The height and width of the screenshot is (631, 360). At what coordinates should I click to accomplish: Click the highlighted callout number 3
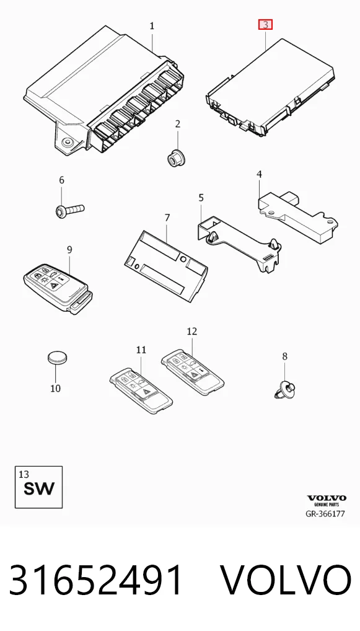(x=265, y=25)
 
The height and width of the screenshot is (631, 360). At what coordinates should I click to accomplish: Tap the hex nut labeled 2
(x=176, y=156)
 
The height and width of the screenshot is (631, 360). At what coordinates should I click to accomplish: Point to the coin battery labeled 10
(x=58, y=357)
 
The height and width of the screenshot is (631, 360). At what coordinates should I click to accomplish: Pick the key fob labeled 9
(x=59, y=289)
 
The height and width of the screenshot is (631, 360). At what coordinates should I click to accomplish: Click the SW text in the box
(x=39, y=488)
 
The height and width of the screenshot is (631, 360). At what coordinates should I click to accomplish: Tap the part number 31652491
(x=96, y=580)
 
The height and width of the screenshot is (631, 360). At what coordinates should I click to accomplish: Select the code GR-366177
(x=325, y=513)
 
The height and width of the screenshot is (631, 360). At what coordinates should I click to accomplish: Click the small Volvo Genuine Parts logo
(x=327, y=500)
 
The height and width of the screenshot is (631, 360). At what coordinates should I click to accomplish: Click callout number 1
(x=152, y=26)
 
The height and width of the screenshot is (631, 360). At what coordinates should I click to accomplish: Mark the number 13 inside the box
(x=24, y=474)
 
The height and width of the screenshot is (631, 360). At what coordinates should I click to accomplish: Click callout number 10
(x=56, y=389)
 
